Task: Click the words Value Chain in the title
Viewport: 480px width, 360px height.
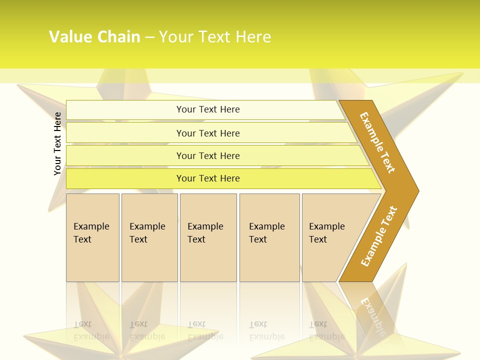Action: tap(94, 37)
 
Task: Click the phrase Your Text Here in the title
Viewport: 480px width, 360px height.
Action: tap(215, 37)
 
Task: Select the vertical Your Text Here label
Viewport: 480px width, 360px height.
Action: tap(57, 143)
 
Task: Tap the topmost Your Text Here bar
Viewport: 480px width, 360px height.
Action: tap(208, 109)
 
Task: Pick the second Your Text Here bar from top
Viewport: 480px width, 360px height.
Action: tap(208, 133)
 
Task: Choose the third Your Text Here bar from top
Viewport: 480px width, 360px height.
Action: tap(208, 155)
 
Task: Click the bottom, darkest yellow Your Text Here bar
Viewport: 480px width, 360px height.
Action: tap(208, 178)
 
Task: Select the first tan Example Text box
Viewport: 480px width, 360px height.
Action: tap(92, 237)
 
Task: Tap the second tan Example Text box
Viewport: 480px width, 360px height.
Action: tap(149, 237)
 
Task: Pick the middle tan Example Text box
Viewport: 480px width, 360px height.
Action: tap(208, 237)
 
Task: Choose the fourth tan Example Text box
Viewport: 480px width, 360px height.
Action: tap(269, 237)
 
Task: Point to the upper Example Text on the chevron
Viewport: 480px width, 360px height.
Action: tap(377, 142)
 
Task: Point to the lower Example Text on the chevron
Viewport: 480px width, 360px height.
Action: tap(379, 236)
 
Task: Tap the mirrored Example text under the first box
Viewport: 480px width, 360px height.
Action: tap(91, 336)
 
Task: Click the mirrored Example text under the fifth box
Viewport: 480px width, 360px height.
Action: tap(326, 336)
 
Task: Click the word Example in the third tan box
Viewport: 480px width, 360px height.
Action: tap(205, 226)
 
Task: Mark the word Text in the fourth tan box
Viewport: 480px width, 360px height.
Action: tap(258, 239)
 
